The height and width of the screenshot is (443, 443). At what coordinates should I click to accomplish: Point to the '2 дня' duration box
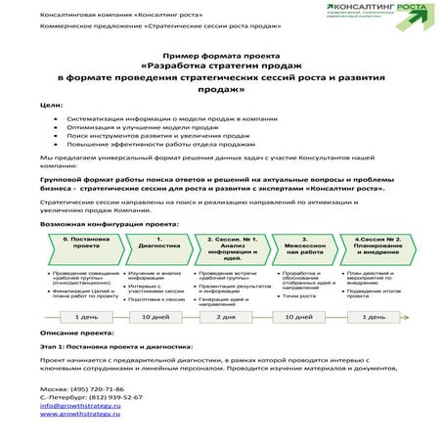click(x=226, y=317)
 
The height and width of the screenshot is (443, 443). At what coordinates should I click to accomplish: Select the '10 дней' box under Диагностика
click(x=155, y=317)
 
